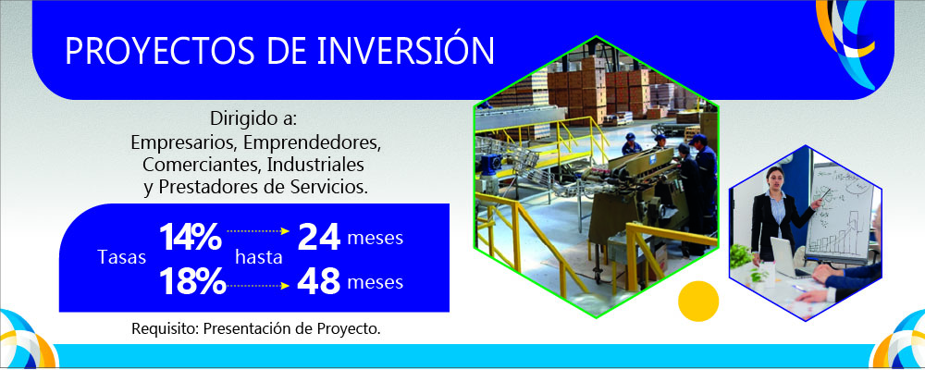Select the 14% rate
190,238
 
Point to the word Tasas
121,259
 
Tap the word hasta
258,259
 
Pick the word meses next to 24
375,239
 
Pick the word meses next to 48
375,283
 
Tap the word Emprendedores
322,144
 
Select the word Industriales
316,166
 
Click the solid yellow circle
698,300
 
